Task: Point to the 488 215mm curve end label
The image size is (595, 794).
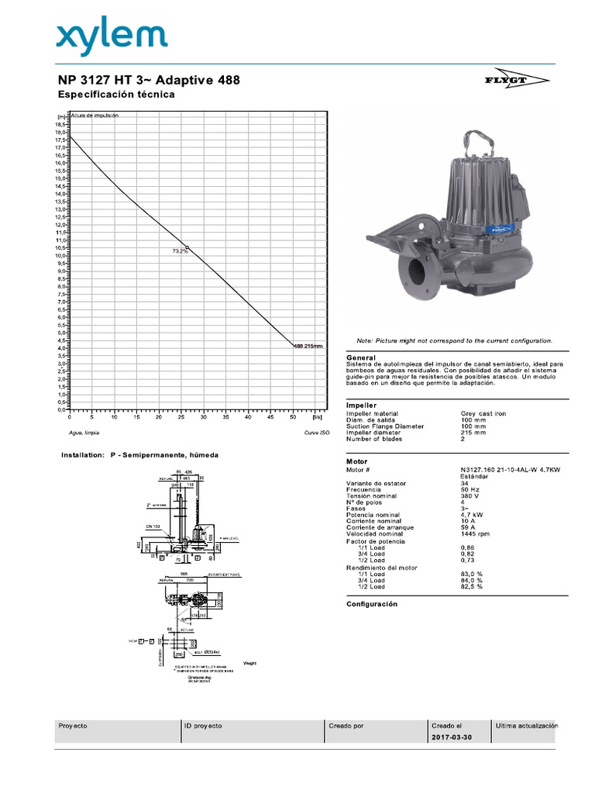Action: click(308, 346)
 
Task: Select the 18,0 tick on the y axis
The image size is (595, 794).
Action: click(60, 132)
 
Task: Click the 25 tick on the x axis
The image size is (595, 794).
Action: click(181, 416)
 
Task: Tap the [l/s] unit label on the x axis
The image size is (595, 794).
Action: click(316, 416)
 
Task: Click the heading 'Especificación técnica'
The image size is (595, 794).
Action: click(117, 95)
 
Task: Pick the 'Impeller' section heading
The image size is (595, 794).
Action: click(361, 405)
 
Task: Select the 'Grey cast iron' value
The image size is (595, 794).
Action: click(483, 414)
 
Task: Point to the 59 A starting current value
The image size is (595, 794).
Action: click(468, 527)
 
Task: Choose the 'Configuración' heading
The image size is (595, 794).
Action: click(372, 603)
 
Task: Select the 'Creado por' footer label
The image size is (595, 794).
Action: click(346, 726)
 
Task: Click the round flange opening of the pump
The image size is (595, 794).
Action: click(415, 273)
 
